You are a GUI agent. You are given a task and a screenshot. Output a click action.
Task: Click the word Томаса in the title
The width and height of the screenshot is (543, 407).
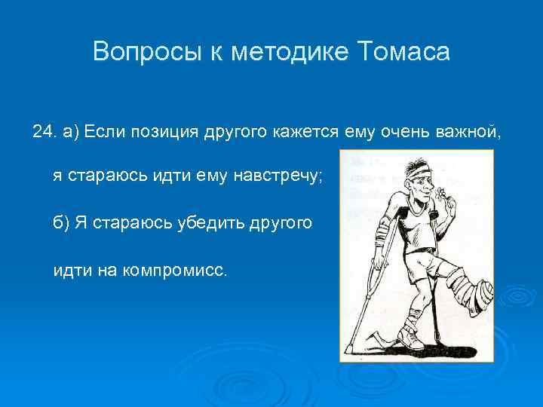(403, 52)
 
